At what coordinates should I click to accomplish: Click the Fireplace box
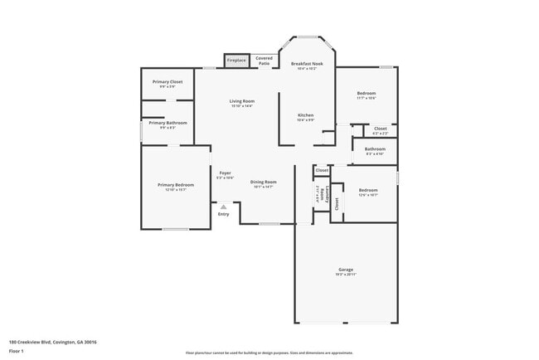236,60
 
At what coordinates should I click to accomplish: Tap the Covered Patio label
264,60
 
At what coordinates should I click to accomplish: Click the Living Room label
242,101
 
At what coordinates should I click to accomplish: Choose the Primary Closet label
167,81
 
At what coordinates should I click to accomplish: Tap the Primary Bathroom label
167,123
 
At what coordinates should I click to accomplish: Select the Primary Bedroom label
176,184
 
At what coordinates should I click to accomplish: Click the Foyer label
225,173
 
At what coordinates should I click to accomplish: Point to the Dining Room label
264,182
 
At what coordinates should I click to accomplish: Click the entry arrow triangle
222,206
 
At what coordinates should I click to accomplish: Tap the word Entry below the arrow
223,215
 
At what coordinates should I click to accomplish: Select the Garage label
346,270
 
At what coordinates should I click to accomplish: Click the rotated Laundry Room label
318,195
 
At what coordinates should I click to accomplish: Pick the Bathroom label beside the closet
375,149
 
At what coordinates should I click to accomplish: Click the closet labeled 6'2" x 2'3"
380,133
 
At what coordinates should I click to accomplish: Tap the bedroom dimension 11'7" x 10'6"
367,98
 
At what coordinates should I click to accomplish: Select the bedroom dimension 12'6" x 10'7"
367,195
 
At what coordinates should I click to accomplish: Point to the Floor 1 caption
16,351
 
